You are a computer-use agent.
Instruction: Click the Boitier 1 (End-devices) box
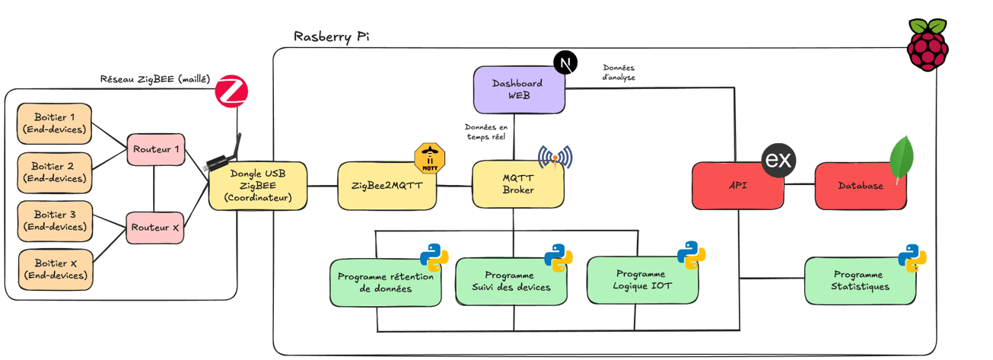coord(54,123)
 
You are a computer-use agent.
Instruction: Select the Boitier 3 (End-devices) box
coord(54,221)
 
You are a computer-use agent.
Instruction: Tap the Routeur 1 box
coord(155,149)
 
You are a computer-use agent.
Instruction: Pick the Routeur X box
coord(155,227)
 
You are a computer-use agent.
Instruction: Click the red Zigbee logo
coord(231,91)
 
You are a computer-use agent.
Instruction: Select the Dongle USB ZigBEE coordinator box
coord(258,186)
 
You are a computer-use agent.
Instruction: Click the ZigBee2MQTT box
coord(387,186)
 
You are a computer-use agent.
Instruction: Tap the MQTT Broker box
coord(517,184)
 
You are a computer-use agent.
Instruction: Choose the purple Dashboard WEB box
coord(519,89)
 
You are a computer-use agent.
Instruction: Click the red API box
coord(737,186)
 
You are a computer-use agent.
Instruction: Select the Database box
coord(860,186)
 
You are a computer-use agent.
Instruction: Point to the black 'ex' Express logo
coord(779,161)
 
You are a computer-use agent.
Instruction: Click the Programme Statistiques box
coord(858,281)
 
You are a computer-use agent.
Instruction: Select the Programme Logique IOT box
coord(640,280)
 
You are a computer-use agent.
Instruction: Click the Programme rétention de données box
coord(385,283)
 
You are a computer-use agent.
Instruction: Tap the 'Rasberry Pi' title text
coord(332,37)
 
